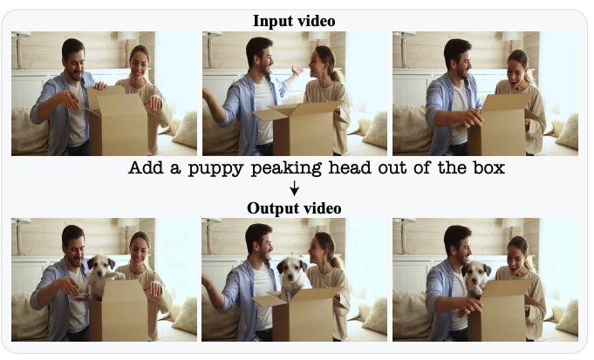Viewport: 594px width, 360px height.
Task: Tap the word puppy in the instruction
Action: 216,168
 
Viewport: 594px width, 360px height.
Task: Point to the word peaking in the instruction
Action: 287,168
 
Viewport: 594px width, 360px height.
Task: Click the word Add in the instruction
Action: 146,167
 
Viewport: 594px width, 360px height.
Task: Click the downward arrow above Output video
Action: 294,188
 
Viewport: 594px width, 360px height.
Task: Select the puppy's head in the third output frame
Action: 476,273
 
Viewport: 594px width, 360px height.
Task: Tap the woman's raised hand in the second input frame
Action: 297,71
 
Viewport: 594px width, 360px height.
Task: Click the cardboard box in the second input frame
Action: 299,127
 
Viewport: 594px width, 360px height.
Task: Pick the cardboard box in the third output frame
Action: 502,309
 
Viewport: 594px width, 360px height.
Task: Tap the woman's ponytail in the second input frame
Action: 335,72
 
